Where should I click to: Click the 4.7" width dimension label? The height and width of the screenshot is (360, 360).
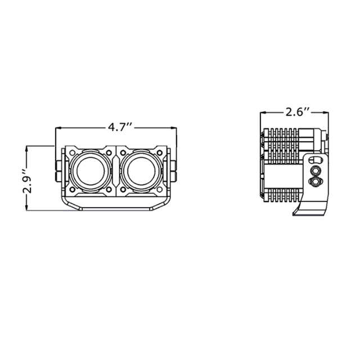[x=120, y=128]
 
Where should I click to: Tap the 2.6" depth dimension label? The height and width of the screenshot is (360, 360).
[x=298, y=112]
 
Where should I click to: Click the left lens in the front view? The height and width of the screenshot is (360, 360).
[x=91, y=171]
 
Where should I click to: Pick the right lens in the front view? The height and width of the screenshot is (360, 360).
[x=142, y=171]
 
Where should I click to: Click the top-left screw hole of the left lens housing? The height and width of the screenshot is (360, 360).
[x=73, y=152]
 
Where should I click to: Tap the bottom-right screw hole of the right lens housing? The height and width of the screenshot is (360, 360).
[x=160, y=190]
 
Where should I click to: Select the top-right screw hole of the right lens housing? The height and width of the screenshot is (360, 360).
[x=160, y=152]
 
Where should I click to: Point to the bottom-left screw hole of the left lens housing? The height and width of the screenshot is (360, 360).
[x=73, y=190]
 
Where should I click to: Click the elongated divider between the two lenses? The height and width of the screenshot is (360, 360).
[x=116, y=171]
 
